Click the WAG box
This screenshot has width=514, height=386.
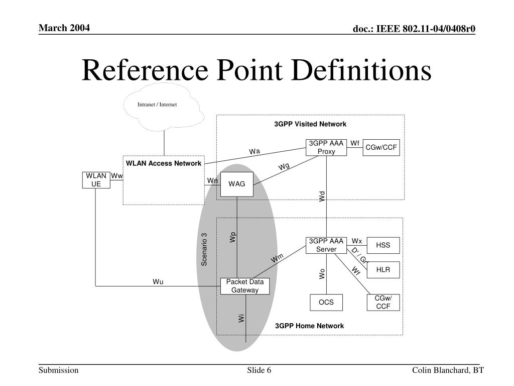[237, 184]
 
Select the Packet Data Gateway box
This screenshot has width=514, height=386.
[245, 286]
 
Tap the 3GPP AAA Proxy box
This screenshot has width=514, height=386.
[326, 147]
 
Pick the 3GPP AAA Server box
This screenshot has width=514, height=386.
[326, 245]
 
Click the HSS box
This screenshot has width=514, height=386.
[383, 245]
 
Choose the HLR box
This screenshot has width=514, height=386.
[383, 270]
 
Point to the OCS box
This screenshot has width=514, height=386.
[326, 303]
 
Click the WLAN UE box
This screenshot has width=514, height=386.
[96, 180]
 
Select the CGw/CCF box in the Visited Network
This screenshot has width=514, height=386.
[381, 147]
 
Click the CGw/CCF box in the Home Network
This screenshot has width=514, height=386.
[383, 302]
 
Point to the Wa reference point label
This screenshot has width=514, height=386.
[255, 151]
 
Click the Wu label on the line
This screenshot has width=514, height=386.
[158, 281]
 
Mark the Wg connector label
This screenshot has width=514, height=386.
[284, 167]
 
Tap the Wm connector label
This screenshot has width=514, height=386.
[278, 258]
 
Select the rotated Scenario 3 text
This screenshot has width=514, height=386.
[204, 250]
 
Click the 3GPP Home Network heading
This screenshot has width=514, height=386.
[309, 326]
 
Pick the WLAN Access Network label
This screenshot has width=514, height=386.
[164, 163]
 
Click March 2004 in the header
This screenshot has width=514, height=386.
[65, 28]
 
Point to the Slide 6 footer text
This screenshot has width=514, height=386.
[259, 370]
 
